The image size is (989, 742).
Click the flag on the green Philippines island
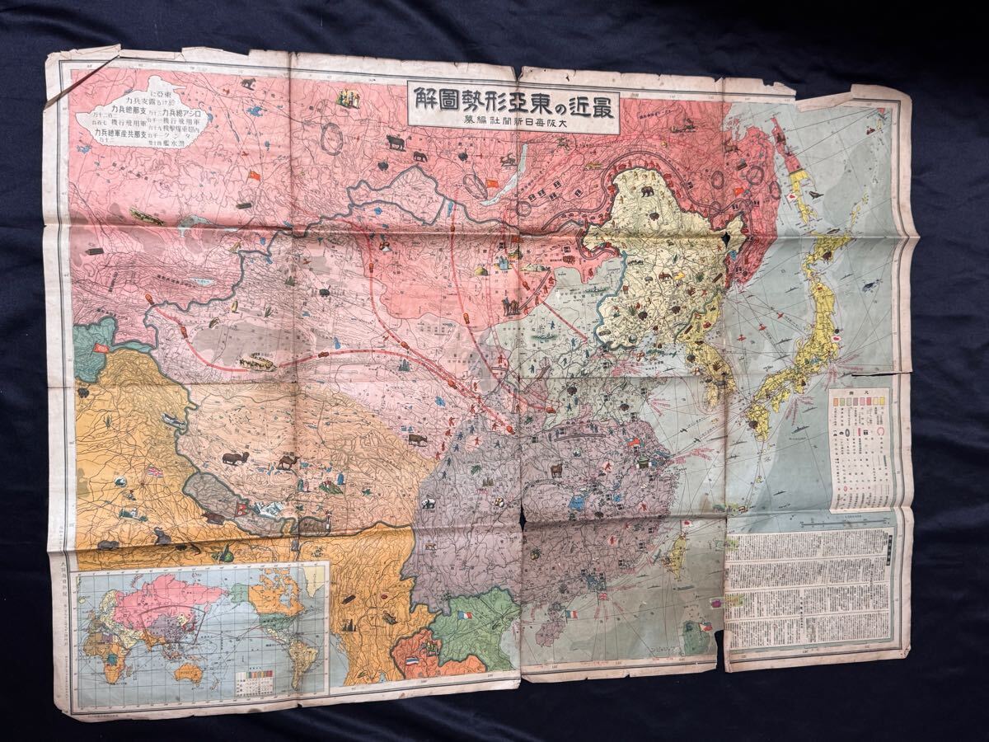tap(705, 627)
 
